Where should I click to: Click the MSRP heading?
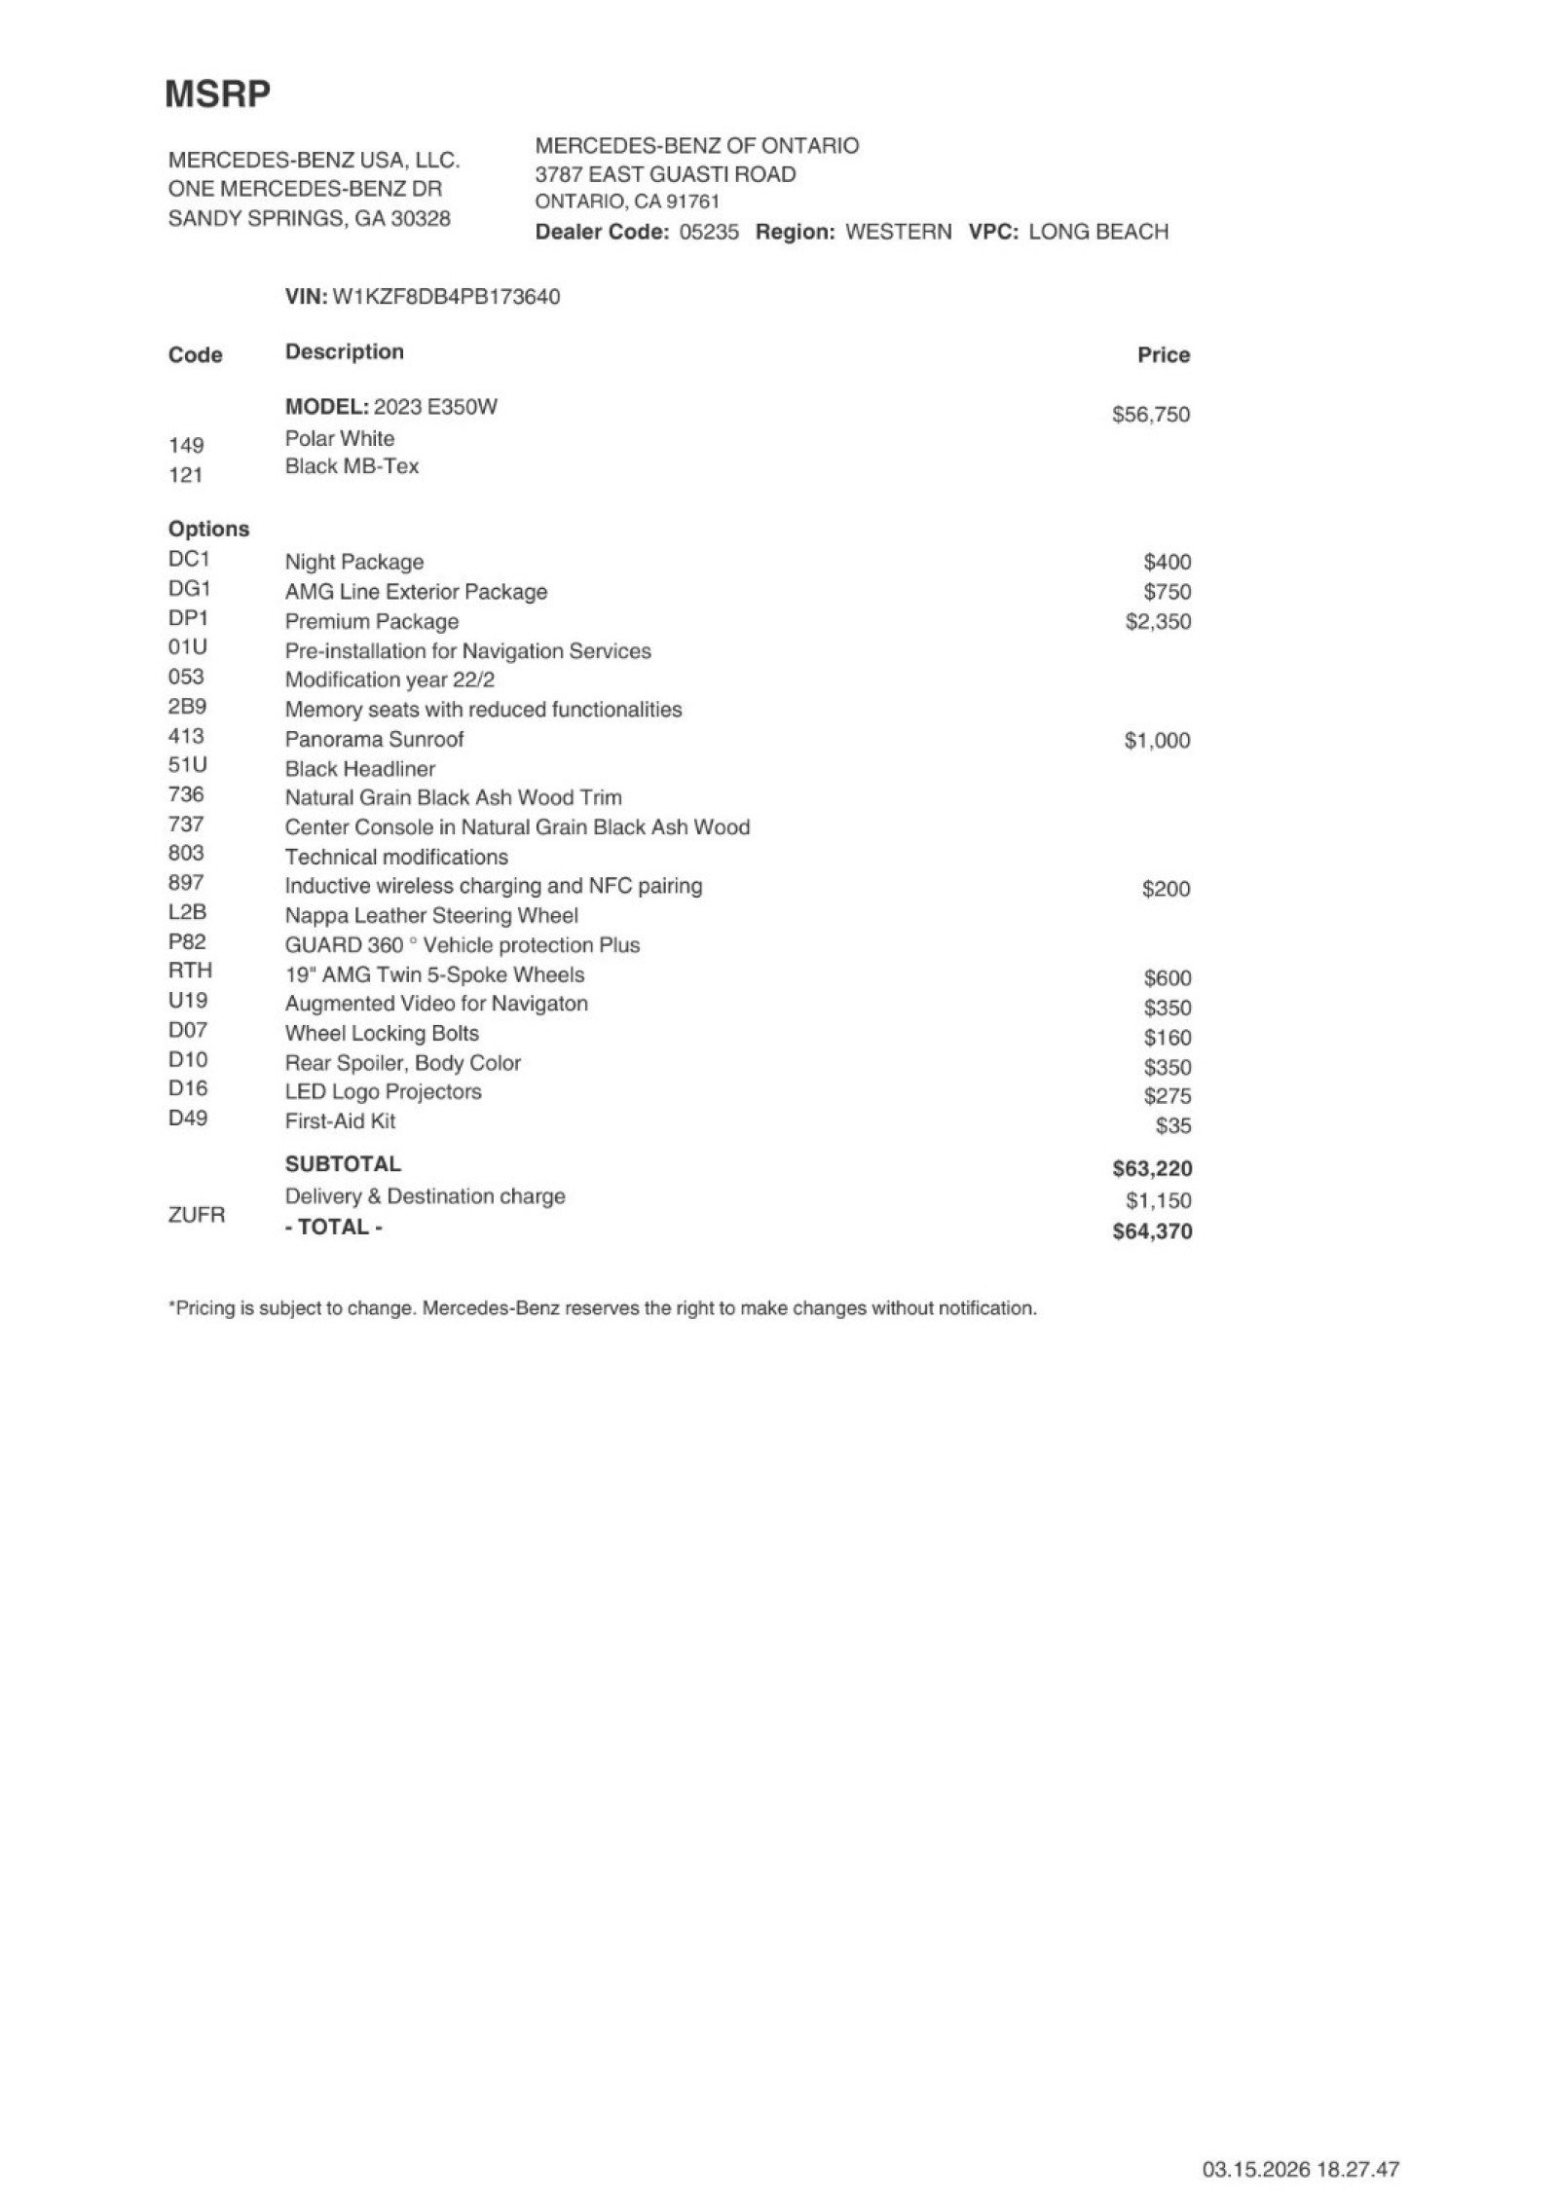[217, 94]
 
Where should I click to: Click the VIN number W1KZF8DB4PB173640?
[446, 297]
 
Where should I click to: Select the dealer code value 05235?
[708, 233]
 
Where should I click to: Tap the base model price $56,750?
[1151, 415]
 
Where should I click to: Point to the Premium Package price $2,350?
[1158, 622]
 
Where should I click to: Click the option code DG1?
[189, 589]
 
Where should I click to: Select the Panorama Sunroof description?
[374, 740]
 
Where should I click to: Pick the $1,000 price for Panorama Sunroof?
[1157, 741]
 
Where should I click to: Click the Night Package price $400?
[1167, 563]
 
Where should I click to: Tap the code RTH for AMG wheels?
[190, 971]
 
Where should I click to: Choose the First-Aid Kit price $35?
[1172, 1126]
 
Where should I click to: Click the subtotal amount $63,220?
[1152, 1169]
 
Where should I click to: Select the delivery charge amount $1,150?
[1159, 1201]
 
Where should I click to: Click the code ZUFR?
[196, 1215]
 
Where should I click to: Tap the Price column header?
[1164, 355]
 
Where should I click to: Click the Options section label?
[208, 530]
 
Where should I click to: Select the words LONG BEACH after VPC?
[1097, 233]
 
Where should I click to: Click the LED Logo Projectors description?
[383, 1092]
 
